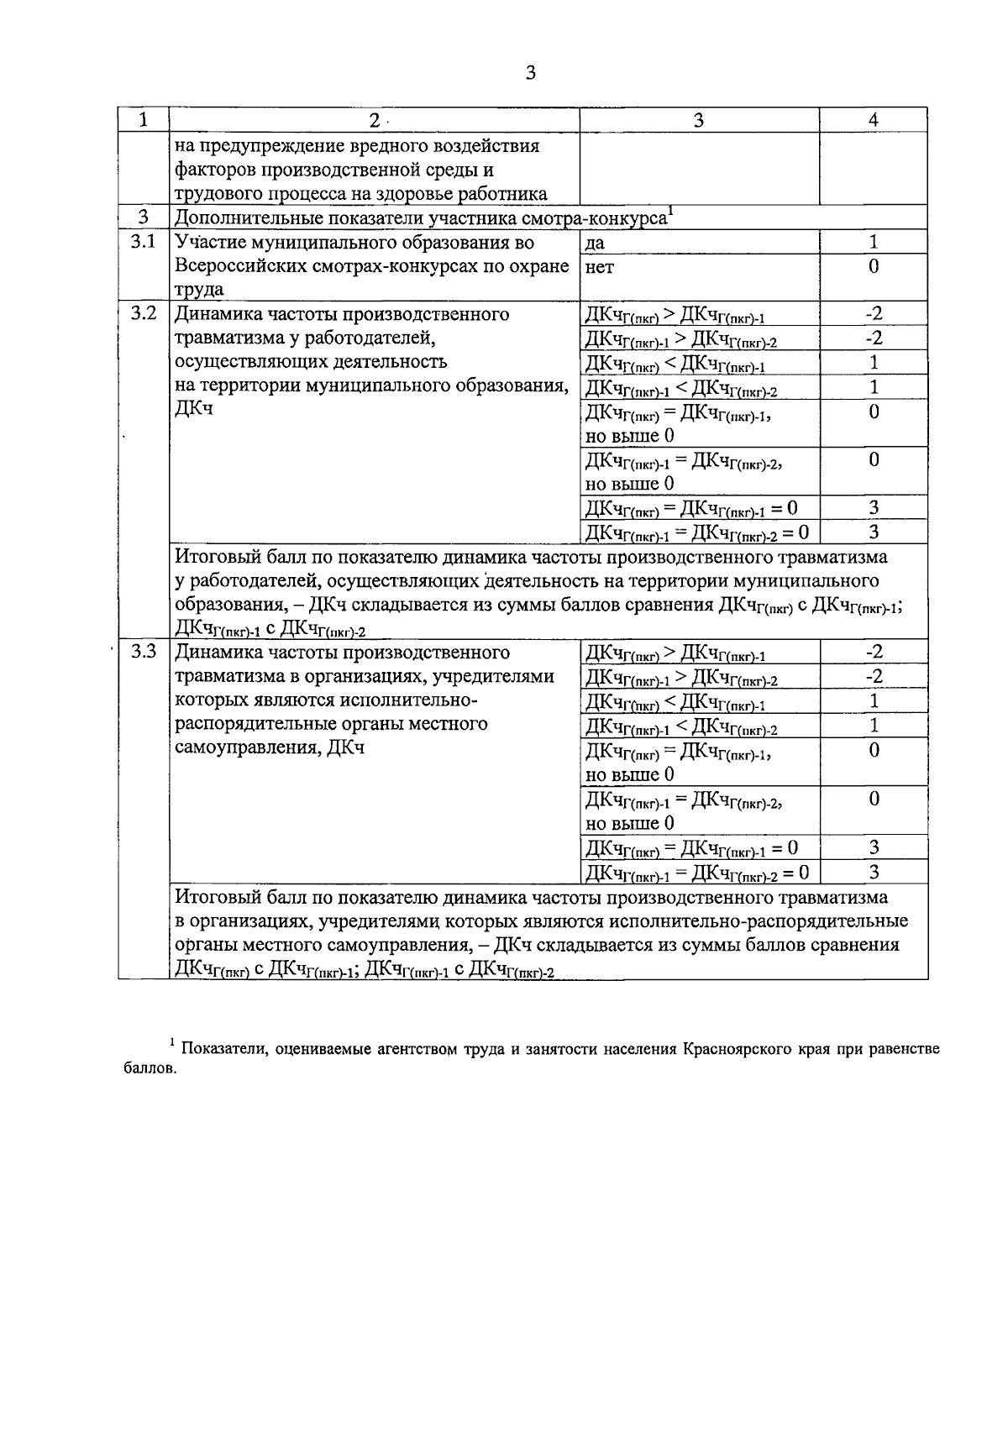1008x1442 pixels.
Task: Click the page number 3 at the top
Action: (529, 74)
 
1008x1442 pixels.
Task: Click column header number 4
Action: (874, 120)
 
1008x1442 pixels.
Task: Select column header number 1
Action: (144, 120)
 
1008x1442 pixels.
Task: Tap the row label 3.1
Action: (143, 243)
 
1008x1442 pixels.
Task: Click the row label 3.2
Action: (143, 314)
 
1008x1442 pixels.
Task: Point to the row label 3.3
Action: (143, 653)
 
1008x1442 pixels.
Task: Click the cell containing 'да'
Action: (595, 244)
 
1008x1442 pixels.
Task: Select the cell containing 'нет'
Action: (599, 268)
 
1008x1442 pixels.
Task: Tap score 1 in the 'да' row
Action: (874, 243)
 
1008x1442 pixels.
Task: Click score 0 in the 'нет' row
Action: (874, 267)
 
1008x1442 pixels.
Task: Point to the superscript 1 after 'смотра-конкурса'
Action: (670, 212)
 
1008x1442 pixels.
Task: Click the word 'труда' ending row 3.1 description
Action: (198, 291)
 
